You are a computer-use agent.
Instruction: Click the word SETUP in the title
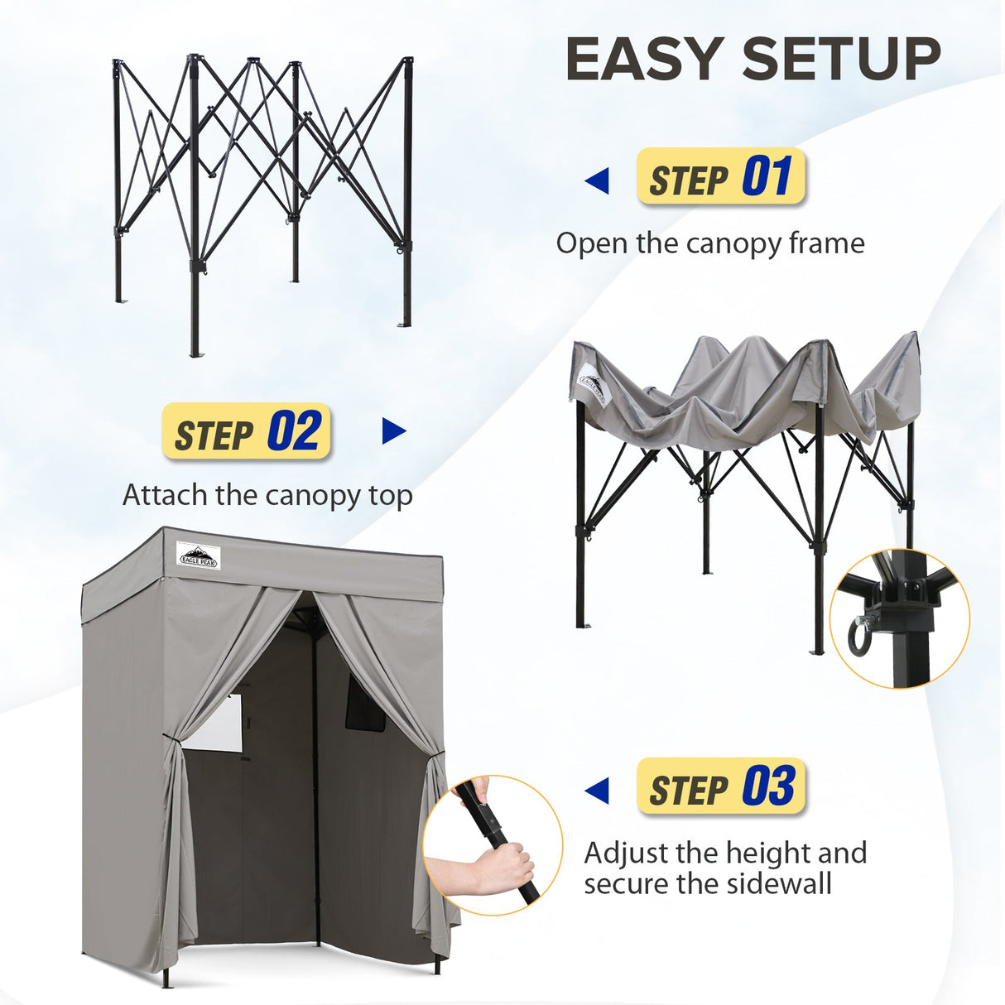[x=841, y=60]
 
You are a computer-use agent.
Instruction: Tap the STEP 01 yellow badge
[x=720, y=177]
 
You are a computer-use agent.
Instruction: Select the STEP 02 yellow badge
[x=247, y=431]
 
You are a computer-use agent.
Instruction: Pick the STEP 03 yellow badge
[x=720, y=786]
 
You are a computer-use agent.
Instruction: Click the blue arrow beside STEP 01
[x=597, y=180]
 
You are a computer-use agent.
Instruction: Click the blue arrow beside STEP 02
[x=394, y=431]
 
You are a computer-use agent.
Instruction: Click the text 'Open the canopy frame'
[x=709, y=243]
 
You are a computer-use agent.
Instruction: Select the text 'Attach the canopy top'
[x=267, y=495]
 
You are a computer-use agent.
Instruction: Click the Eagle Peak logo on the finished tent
[x=199, y=555]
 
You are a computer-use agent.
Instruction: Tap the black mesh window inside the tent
[x=365, y=704]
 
